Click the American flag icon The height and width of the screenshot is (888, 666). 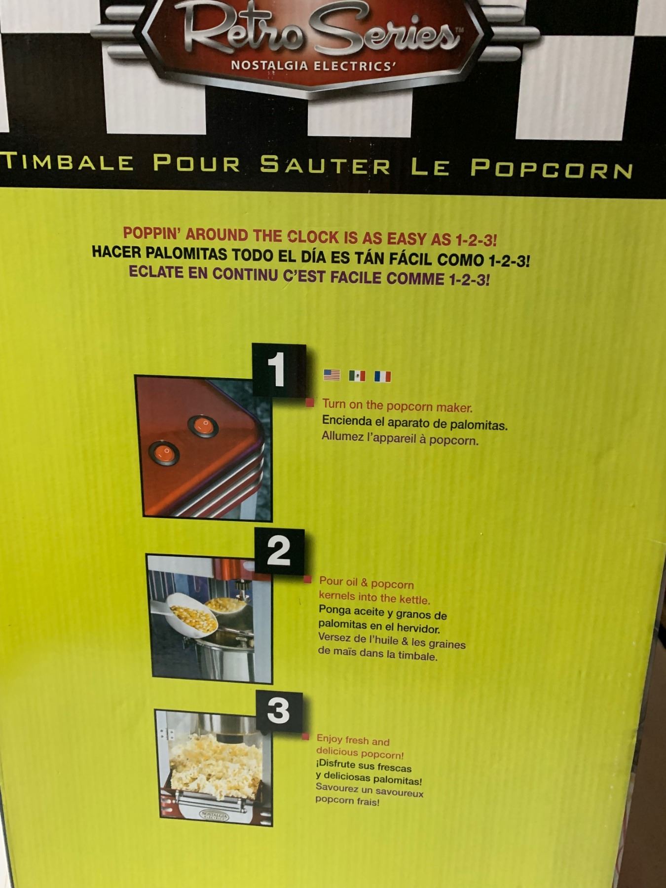(x=332, y=375)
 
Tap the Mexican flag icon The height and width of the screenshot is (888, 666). (x=357, y=376)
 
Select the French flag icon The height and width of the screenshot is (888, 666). (x=383, y=376)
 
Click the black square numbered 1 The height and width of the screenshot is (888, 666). (x=279, y=370)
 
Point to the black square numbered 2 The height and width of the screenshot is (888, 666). (x=279, y=552)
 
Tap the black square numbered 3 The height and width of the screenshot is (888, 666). (x=279, y=712)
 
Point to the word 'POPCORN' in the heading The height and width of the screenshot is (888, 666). (x=551, y=169)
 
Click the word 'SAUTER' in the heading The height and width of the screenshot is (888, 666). (x=325, y=165)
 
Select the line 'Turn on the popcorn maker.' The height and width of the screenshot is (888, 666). (x=397, y=406)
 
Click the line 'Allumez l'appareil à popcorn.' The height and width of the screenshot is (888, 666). (x=400, y=439)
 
